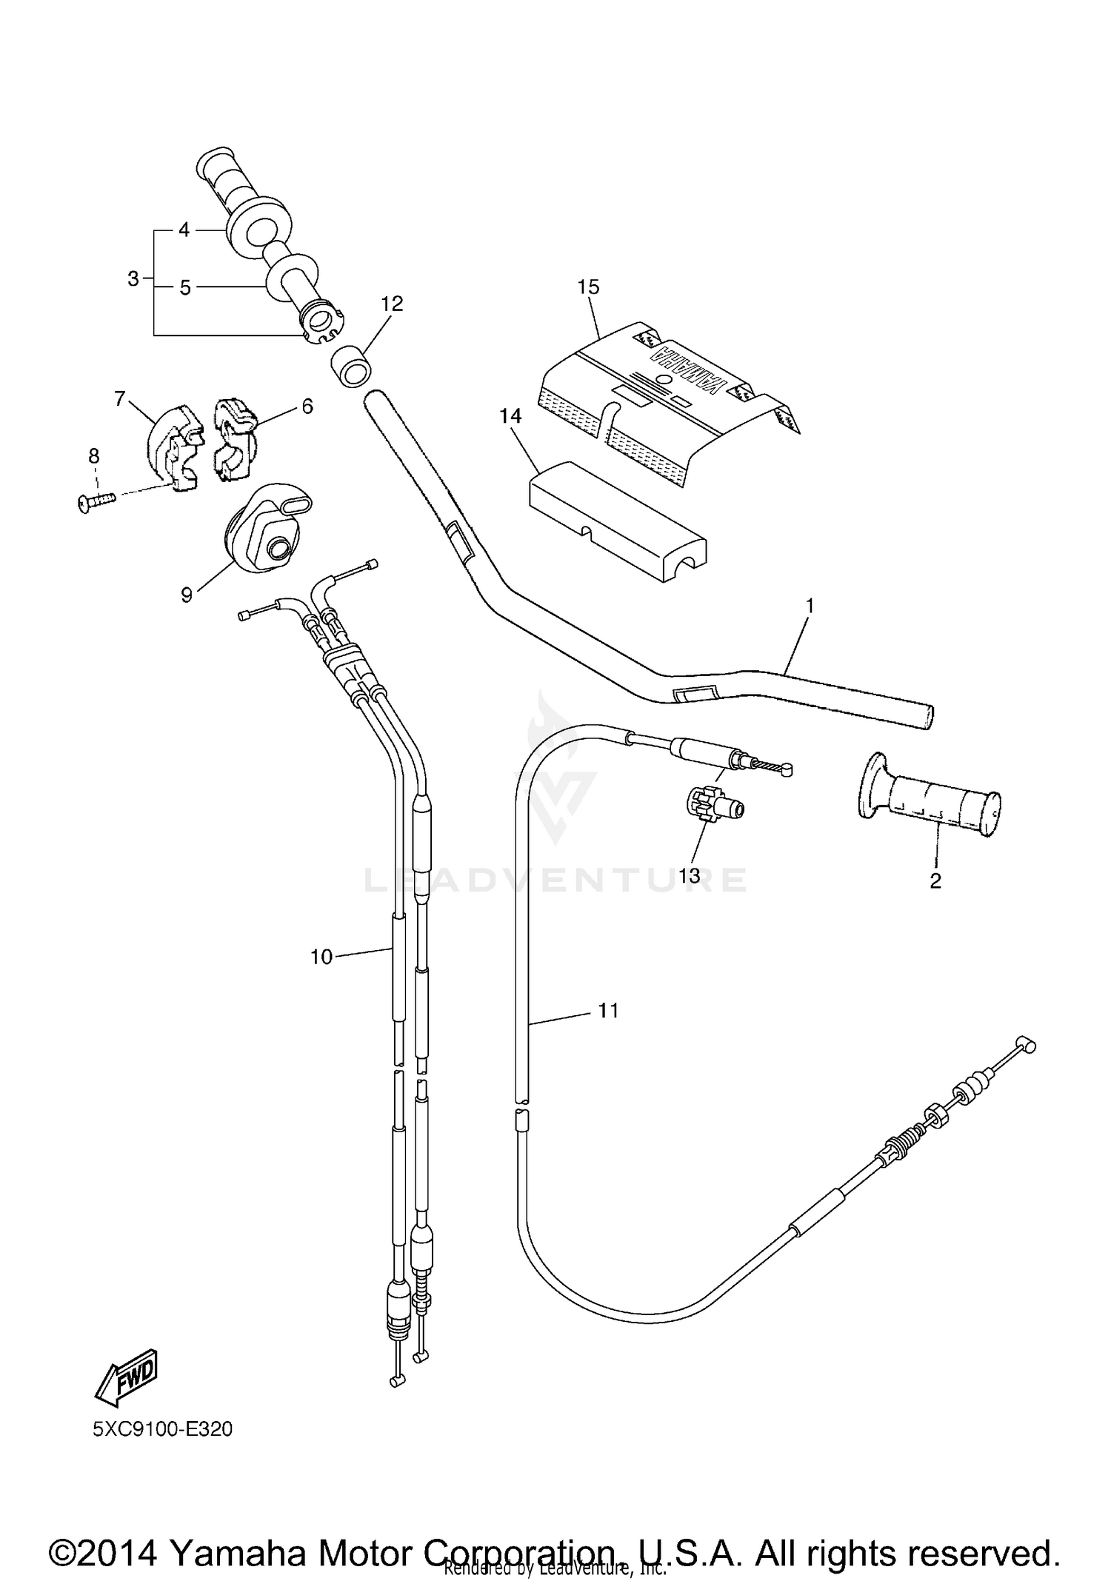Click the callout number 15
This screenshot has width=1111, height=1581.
coord(588,287)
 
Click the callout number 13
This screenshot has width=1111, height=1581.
coord(689,875)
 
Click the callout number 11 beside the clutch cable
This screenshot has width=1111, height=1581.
coord(608,1010)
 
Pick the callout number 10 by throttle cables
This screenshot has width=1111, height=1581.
coord(321,957)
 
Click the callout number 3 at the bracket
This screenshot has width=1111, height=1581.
coord(133,279)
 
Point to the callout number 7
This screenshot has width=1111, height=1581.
coord(120,399)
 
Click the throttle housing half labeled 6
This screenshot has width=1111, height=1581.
coord(233,439)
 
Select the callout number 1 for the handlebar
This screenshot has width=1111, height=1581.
coord(810,606)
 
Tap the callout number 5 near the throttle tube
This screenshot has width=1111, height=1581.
coord(185,287)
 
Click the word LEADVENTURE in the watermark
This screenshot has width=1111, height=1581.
coord(555,880)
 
